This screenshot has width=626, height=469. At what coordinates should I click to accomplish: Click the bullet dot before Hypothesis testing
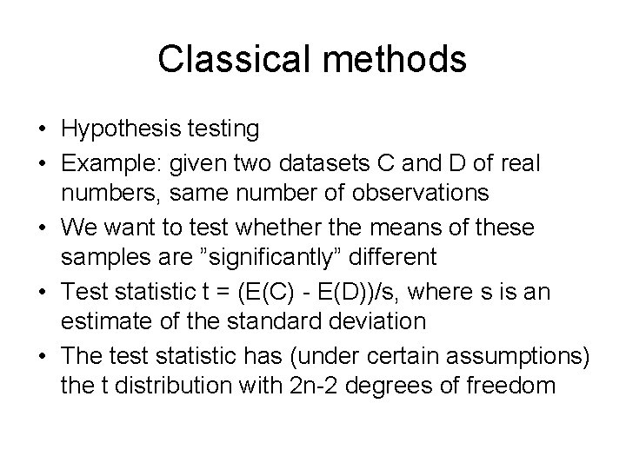pos(42,129)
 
